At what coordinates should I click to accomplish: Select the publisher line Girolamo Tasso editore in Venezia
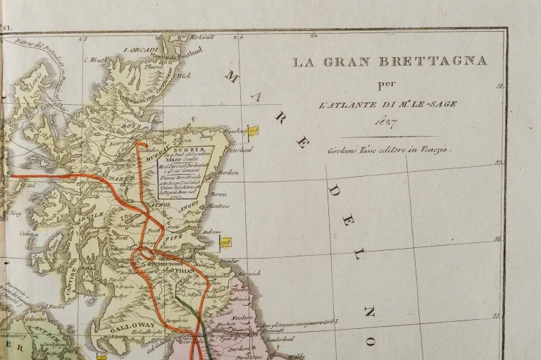(389, 149)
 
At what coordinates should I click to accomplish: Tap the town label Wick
(185, 76)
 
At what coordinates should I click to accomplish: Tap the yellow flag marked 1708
(225, 242)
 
